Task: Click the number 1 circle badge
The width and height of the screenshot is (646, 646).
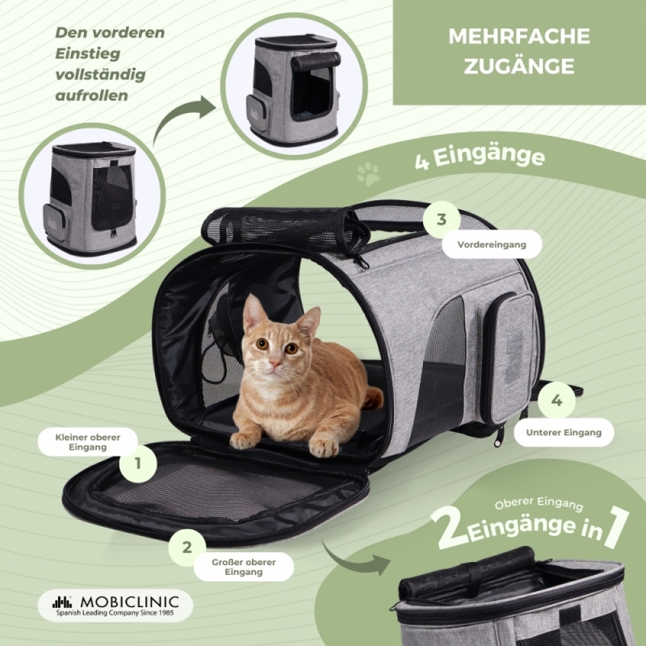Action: point(138,464)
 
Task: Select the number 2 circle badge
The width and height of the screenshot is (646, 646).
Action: point(187,547)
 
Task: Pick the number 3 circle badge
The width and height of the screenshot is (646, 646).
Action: point(442,220)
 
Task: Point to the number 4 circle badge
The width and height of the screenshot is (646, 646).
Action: point(556,400)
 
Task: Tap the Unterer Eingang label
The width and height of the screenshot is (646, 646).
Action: point(564,433)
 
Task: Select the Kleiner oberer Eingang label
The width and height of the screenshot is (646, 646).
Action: point(87,442)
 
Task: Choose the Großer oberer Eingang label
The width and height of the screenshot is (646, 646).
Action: point(244,567)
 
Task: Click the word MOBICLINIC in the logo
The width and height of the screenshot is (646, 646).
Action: point(130,602)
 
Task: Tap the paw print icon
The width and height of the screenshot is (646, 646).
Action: point(368,174)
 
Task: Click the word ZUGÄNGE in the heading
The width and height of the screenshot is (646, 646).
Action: point(519,66)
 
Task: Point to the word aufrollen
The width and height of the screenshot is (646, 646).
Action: point(91,95)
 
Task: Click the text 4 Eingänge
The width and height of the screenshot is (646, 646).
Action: point(480,158)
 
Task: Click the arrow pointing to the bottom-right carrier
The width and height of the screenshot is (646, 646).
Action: point(355,560)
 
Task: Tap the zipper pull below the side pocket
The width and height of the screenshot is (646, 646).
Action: point(499,437)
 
